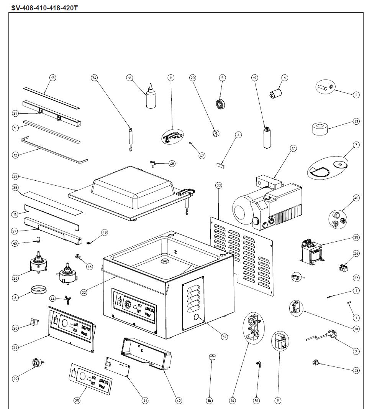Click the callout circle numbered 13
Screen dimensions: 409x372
click(53, 78)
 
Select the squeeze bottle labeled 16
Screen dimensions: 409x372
click(151, 97)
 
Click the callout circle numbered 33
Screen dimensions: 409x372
click(219, 185)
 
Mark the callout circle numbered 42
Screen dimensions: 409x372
click(179, 401)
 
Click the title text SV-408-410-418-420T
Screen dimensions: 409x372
click(44, 8)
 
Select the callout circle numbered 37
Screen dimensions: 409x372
click(225, 337)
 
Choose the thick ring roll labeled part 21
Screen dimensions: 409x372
click(321, 129)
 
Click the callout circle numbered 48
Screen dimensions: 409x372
click(172, 164)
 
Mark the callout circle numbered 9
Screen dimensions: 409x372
click(278, 401)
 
